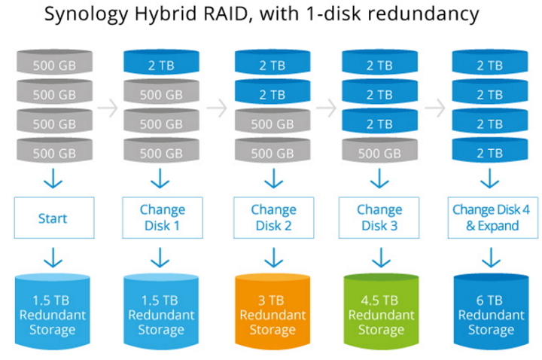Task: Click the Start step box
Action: coord(53,218)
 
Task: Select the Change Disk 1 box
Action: coord(162,218)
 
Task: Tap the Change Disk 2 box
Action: coord(273,218)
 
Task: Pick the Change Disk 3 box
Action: coord(380,218)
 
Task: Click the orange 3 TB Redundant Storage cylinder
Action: coord(273,306)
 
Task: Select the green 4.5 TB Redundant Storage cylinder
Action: coord(380,306)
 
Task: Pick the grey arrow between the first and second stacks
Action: coord(108,108)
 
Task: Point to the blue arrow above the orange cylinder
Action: coord(273,258)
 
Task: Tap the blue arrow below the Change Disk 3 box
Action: coord(380,258)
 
